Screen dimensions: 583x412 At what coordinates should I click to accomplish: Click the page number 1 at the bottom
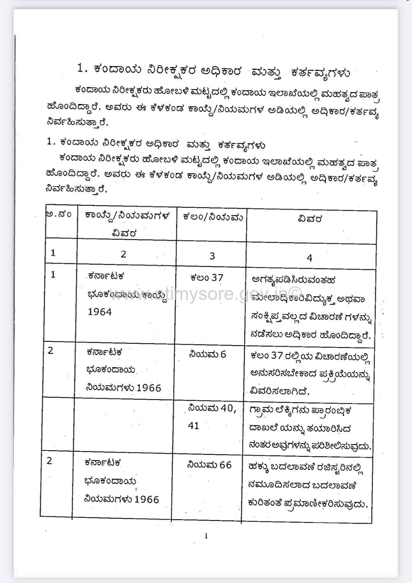[206, 536]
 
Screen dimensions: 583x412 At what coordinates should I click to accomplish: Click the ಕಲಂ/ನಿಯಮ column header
[213, 217]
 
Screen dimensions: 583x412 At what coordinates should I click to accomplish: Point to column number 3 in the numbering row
[212, 256]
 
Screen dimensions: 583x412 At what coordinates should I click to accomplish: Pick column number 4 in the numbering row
[309, 258]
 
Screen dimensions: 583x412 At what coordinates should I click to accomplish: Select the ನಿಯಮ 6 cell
[207, 354]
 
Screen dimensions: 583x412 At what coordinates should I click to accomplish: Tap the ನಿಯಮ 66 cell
[209, 465]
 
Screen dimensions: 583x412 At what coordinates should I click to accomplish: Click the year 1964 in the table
[100, 312]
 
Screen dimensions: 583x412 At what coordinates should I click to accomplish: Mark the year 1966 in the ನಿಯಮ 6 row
[149, 388]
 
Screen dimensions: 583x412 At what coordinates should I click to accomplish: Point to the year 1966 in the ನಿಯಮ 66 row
[147, 499]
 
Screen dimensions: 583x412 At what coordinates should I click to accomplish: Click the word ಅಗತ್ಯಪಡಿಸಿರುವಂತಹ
[293, 280]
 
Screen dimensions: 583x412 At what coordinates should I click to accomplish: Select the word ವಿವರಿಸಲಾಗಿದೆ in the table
[280, 391]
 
